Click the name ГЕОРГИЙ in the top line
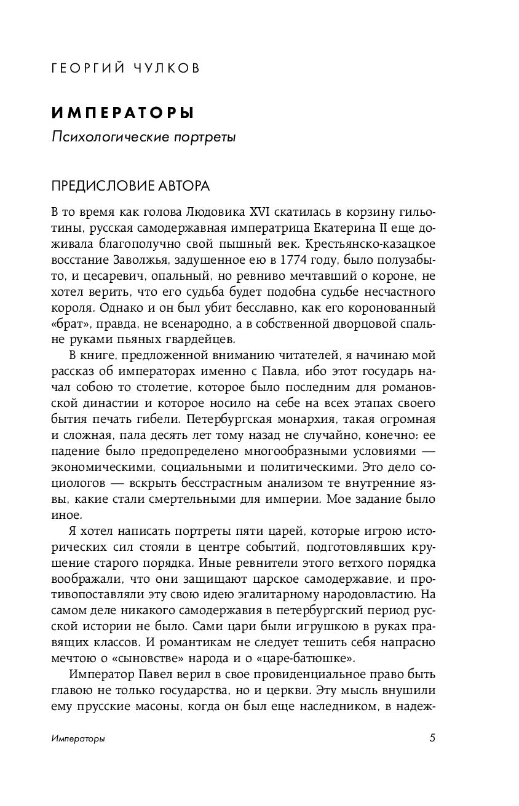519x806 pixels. tap(84, 68)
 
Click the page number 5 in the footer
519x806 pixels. tap(433, 738)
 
